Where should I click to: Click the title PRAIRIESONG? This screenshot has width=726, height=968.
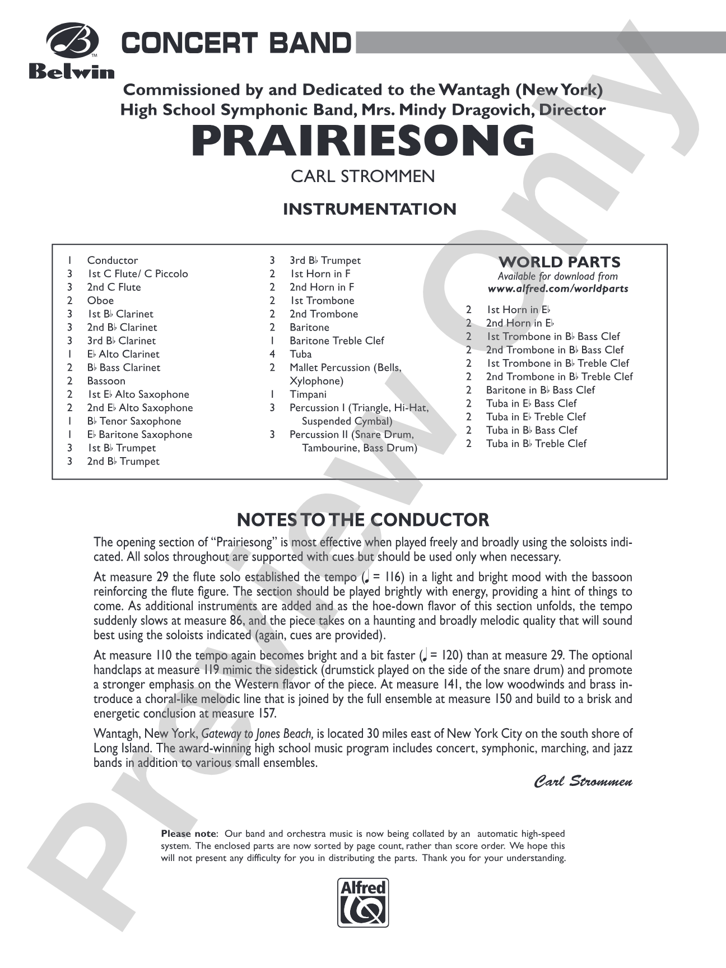[363, 141]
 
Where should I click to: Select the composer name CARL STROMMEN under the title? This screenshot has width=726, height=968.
[362, 176]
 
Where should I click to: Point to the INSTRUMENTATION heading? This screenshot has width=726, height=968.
[369, 209]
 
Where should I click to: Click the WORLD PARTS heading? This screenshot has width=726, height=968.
[559, 262]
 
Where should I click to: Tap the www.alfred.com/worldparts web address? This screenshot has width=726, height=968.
[558, 289]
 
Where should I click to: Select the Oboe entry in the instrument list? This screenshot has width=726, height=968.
[100, 301]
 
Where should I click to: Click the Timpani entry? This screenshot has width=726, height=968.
[308, 394]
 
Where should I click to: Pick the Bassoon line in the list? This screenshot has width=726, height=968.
[106, 381]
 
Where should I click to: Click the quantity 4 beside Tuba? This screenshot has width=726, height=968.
[272, 354]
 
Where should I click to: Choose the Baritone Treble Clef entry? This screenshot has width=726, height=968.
[337, 341]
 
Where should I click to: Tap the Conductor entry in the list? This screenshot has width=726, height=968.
[112, 260]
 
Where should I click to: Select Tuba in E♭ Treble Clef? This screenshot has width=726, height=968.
[536, 417]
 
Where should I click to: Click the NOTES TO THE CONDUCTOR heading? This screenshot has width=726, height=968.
[363, 520]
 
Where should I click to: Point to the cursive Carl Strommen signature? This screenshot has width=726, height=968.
[583, 781]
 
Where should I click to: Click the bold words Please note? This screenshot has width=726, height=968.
[188, 834]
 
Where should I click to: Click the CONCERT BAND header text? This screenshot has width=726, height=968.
[236, 43]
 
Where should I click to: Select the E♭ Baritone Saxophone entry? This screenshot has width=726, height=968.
[139, 435]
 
